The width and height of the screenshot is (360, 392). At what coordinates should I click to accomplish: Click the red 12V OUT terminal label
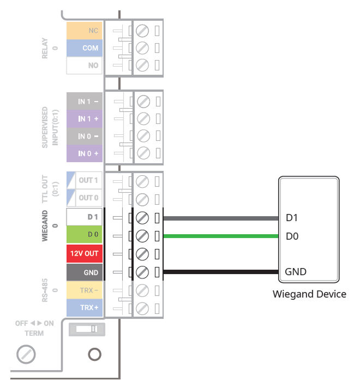pyautogui.click(x=85, y=254)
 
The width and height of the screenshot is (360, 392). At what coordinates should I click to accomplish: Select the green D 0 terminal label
pyautogui.click(x=85, y=235)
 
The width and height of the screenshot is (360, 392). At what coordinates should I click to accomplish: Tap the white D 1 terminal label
pyautogui.click(x=85, y=217)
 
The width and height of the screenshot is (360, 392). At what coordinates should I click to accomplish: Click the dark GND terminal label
pyautogui.click(x=85, y=272)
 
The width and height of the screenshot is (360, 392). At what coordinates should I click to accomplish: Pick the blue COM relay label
pyautogui.click(x=85, y=48)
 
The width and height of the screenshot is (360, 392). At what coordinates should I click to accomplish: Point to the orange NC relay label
pyautogui.click(x=85, y=31)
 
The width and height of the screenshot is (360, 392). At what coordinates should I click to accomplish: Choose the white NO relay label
pyautogui.click(x=85, y=66)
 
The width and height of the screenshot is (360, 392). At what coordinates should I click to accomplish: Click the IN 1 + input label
pyautogui.click(x=85, y=118)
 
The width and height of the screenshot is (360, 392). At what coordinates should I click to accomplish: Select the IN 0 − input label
pyautogui.click(x=85, y=136)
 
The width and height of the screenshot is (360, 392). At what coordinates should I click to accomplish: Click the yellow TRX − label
pyautogui.click(x=85, y=290)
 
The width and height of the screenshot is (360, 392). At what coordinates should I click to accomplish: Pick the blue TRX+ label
pyautogui.click(x=85, y=307)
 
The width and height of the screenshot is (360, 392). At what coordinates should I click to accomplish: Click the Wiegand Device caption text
pyautogui.click(x=309, y=294)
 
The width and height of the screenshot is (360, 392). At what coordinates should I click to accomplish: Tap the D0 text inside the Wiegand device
pyautogui.click(x=292, y=236)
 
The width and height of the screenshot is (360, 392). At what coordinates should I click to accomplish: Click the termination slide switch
pyautogui.click(x=87, y=329)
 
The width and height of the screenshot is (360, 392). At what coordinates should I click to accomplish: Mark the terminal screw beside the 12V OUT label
pyautogui.click(x=142, y=254)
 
